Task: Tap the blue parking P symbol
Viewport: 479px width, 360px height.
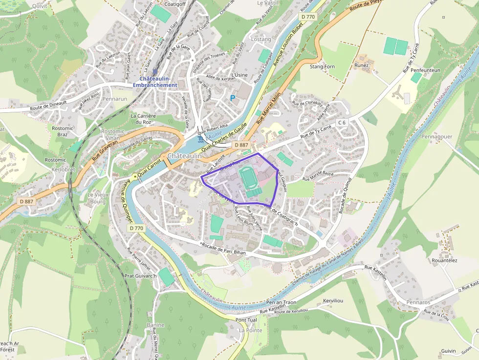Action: tap(233, 98)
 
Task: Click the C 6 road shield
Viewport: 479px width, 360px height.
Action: tap(342, 122)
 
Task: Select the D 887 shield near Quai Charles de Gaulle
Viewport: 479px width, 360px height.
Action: tap(241, 145)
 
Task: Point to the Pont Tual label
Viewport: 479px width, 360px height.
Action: tap(246, 320)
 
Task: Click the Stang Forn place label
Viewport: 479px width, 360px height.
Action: tap(323, 66)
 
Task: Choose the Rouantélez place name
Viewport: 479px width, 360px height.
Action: tap(445, 260)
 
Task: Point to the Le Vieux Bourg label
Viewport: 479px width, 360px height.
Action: tap(97, 198)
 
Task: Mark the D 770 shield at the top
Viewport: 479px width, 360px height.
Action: tap(308, 17)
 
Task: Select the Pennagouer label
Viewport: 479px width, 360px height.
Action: tap(436, 137)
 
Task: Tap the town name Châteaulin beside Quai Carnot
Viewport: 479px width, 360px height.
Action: tap(185, 156)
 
